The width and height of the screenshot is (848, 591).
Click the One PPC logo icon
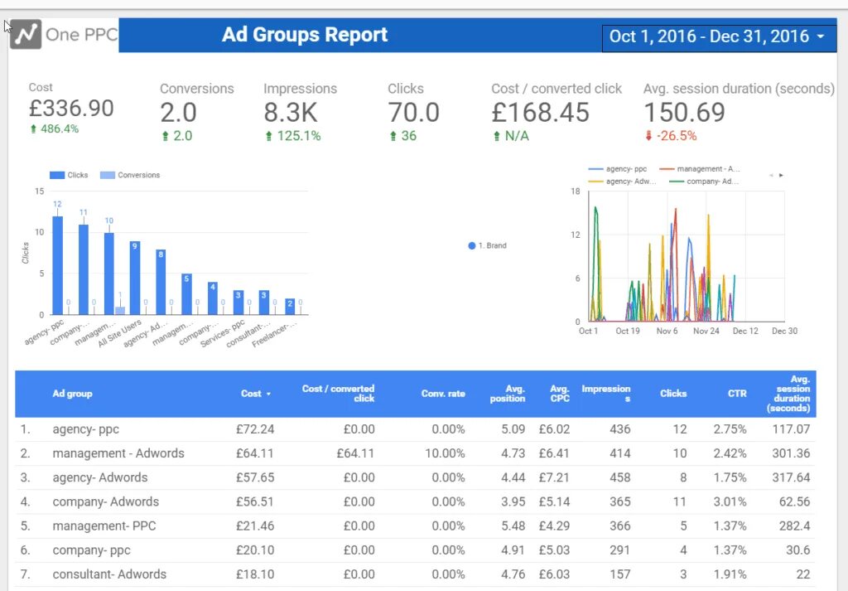[26, 35]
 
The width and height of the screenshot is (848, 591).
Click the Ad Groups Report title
[305, 35]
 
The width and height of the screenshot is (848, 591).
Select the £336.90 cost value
[71, 109]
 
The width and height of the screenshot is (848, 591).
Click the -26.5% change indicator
[671, 136]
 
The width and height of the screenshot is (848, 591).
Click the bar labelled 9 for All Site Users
[135, 278]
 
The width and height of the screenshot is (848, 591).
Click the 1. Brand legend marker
[472, 246]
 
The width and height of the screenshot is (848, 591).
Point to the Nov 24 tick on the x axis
[706, 331]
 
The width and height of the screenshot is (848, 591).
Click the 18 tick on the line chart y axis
[575, 191]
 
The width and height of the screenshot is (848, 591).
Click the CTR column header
[736, 394]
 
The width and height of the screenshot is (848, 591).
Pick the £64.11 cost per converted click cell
[355, 453]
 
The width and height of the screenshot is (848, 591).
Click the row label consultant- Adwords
[109, 574]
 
